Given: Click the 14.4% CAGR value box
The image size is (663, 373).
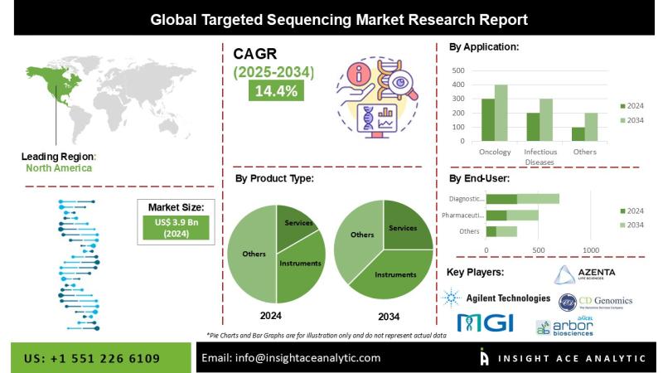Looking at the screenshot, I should click(x=276, y=91).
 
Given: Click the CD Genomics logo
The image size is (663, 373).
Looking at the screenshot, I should click(x=595, y=301).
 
